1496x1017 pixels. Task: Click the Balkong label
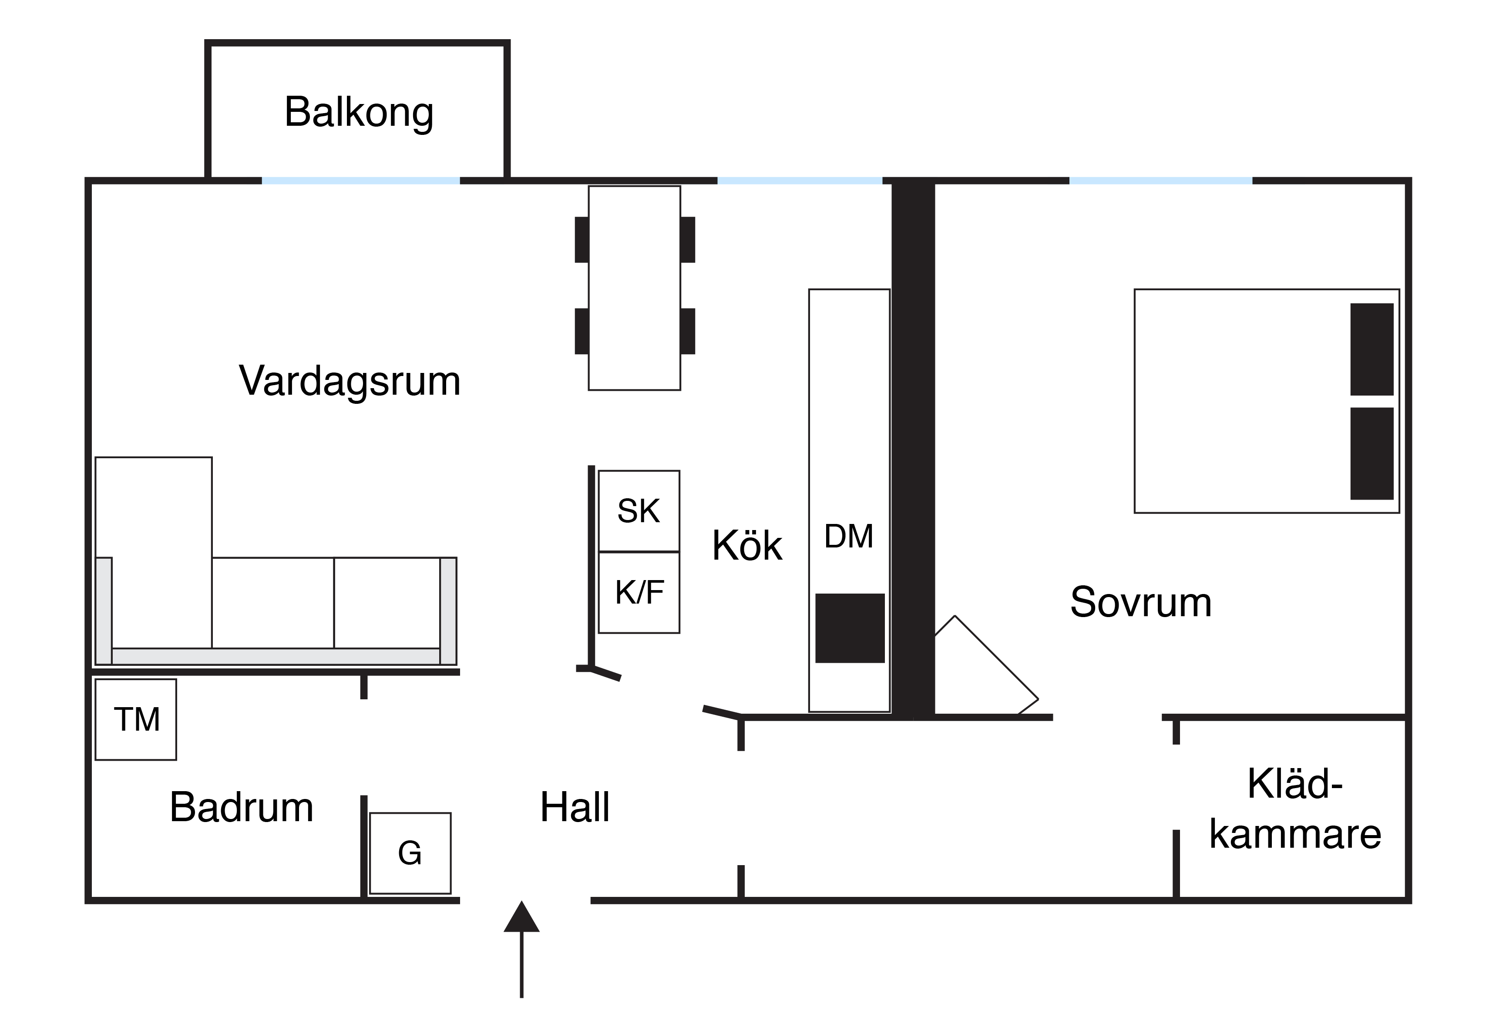point(359,113)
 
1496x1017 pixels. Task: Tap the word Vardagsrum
point(350,381)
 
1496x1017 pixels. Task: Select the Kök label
point(747,546)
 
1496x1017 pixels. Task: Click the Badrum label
point(242,807)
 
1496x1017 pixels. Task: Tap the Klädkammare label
point(1294,809)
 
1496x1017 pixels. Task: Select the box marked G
point(410,853)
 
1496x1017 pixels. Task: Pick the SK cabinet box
point(639,511)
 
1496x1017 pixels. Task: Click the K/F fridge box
point(639,593)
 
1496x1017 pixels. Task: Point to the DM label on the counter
point(848,536)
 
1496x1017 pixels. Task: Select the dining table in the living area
point(634,288)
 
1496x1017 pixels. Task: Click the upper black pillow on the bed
point(1372,349)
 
